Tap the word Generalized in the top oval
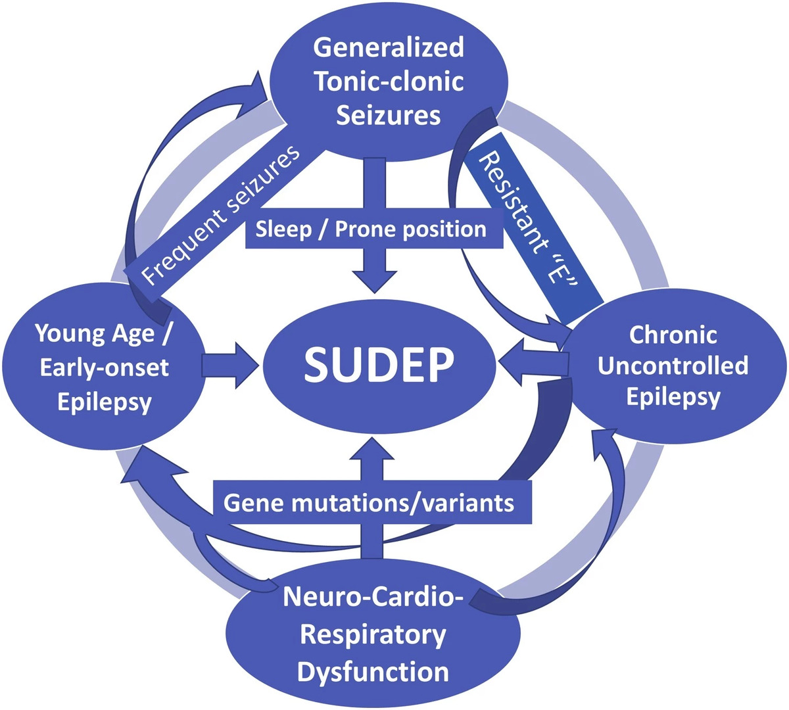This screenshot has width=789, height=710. click(x=389, y=47)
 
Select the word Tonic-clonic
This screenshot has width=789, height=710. click(x=389, y=82)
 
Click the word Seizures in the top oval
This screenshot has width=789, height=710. click(x=388, y=115)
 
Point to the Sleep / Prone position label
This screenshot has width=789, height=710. click(x=371, y=229)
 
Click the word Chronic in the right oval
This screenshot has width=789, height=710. click(x=673, y=335)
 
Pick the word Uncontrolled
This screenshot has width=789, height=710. click(x=673, y=366)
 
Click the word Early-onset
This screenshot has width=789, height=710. click(x=104, y=367)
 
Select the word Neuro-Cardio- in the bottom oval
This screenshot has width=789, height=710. click(x=373, y=598)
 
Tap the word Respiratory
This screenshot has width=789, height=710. click(x=373, y=635)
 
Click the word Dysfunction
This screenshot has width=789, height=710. click(x=373, y=672)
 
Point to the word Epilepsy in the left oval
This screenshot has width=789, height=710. click(x=104, y=401)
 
